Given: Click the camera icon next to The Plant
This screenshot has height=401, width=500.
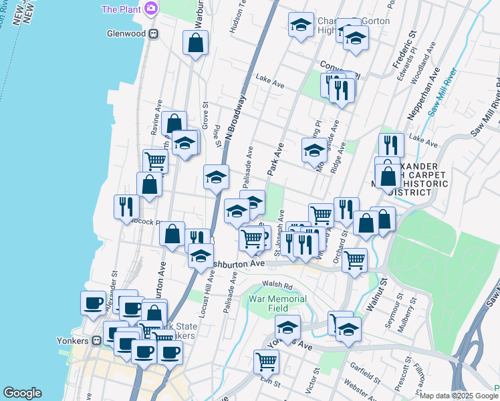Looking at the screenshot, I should [151, 9].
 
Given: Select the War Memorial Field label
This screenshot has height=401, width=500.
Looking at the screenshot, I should [277, 303].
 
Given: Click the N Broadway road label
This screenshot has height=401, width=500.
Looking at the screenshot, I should [236, 117].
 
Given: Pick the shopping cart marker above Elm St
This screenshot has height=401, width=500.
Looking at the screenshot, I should [266, 361].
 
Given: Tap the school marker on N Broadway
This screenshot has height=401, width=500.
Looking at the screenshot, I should [216, 178].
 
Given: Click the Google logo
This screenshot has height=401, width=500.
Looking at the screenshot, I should [22, 393].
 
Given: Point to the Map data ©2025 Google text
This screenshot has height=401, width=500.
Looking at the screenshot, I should [459, 396].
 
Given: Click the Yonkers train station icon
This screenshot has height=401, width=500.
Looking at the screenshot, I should [97, 340].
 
